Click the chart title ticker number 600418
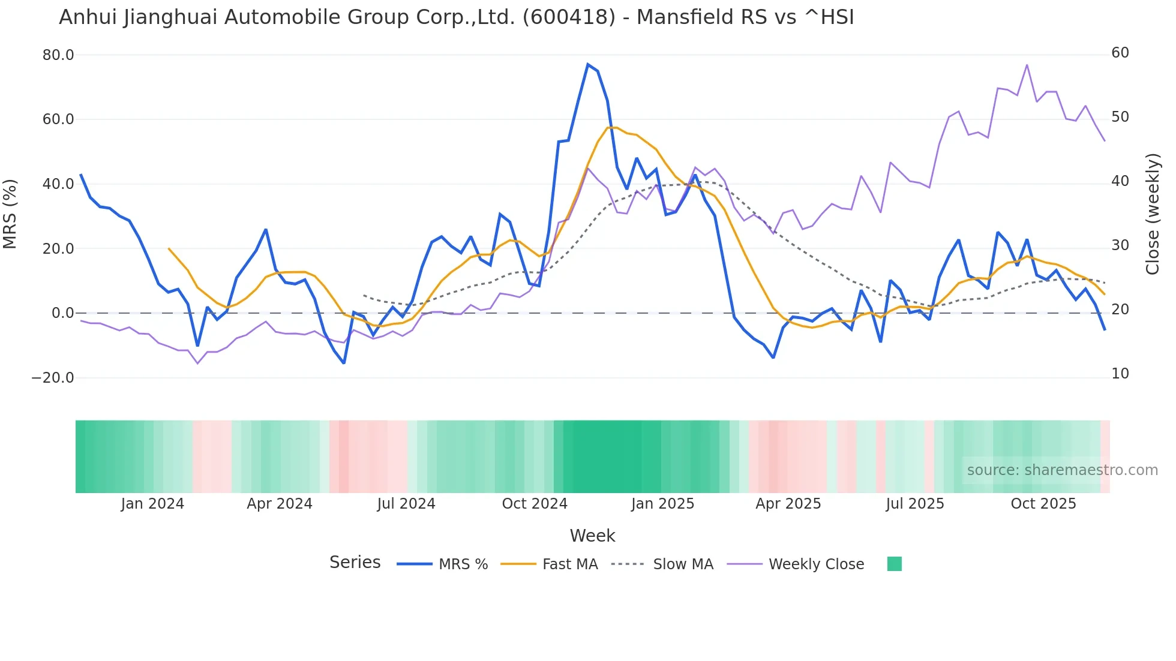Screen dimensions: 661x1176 569,17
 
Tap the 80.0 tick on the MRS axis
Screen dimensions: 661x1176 58,55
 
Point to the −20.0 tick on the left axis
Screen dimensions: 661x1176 53,378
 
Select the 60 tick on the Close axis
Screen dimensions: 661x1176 1120,53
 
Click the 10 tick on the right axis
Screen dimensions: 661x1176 1120,374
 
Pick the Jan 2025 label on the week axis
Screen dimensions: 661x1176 662,504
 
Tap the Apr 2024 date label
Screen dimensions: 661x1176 280,504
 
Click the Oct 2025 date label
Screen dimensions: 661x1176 1043,504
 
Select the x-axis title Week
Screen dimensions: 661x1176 592,536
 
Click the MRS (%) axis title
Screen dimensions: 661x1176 10,214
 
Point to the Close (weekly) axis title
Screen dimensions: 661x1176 1153,214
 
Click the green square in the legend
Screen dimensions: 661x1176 894,564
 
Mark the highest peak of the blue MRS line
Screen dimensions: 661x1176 588,64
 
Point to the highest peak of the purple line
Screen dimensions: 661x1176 1027,65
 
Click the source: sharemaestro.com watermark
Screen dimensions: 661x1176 1062,470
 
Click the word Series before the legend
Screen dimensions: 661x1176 355,563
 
